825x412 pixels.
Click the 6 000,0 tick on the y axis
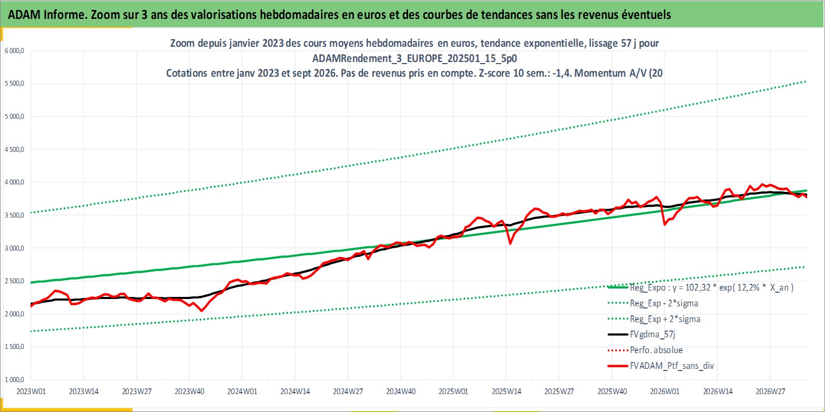click(x=14, y=51)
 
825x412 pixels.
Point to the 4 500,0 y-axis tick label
click(x=14, y=149)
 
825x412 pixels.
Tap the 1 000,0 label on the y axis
click(x=14, y=379)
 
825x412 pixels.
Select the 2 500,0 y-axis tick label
click(x=14, y=281)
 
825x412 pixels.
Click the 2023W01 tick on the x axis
click(x=31, y=392)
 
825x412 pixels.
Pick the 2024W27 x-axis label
click(x=348, y=392)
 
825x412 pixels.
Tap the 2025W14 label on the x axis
click(x=506, y=392)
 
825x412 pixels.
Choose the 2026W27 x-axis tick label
click(x=770, y=392)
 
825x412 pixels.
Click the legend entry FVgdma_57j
click(x=652, y=334)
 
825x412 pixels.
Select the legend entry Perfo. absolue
click(x=656, y=350)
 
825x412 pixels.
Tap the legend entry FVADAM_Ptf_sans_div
click(x=672, y=366)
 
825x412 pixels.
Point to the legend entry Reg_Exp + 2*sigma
click(x=665, y=319)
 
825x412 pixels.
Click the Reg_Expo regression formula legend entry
click(x=711, y=287)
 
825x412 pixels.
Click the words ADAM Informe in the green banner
click(x=47, y=15)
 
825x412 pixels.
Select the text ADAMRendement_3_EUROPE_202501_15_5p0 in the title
click(x=415, y=58)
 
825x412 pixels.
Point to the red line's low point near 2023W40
click(x=201, y=311)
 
